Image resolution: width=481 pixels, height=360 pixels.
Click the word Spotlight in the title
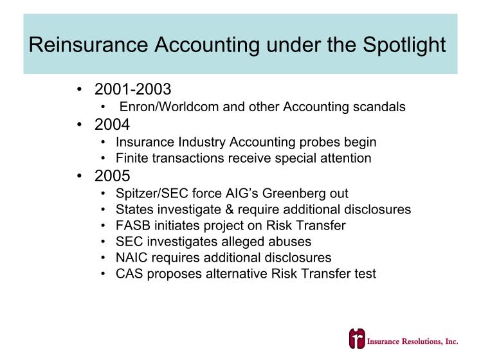pyautogui.click(x=404, y=45)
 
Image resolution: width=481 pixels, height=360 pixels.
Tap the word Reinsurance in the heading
pyautogui.click(x=88, y=45)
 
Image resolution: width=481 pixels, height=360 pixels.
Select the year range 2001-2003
pyautogui.click(x=132, y=89)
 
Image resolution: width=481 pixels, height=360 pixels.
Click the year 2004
pyautogui.click(x=112, y=125)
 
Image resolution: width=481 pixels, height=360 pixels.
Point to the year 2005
pyautogui.click(x=112, y=176)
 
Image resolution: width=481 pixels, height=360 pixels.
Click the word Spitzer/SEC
pyautogui.click(x=152, y=194)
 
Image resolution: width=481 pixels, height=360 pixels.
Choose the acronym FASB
pyautogui.click(x=133, y=226)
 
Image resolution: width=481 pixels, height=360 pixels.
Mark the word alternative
pyautogui.click(x=237, y=274)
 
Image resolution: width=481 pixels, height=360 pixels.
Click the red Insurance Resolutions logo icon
pyautogui.click(x=357, y=339)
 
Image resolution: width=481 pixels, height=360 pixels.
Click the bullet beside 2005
pyautogui.click(x=80, y=176)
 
